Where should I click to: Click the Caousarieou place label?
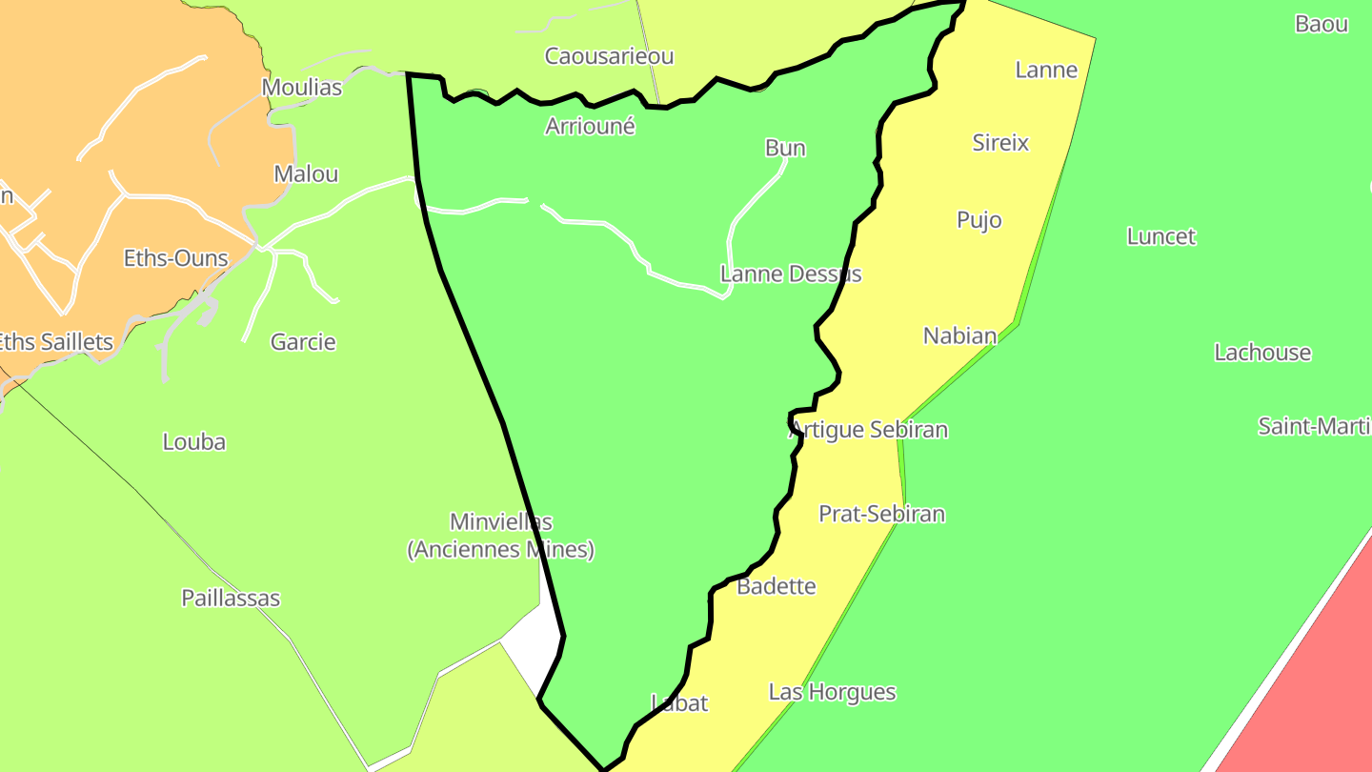tap(609, 56)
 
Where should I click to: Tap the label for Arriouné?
tap(590, 126)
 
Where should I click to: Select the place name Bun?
tap(785, 148)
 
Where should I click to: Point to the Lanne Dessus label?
tap(791, 274)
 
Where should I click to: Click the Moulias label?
tap(301, 88)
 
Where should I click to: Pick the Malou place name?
tap(306, 174)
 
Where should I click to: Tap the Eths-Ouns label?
tap(176, 258)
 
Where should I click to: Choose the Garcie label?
tap(303, 342)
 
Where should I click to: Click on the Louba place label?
tap(194, 442)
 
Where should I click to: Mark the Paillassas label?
tap(231, 599)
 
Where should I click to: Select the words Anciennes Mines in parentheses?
tap(501, 550)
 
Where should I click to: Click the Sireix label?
tap(1000, 143)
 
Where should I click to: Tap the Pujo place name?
tap(979, 220)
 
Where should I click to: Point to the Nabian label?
tap(959, 335)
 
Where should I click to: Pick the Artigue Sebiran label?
tap(869, 430)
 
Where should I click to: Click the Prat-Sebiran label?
tap(881, 515)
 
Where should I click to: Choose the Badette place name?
tap(777, 586)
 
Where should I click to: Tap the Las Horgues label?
tap(832, 692)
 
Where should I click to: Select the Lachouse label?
tap(1262, 353)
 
